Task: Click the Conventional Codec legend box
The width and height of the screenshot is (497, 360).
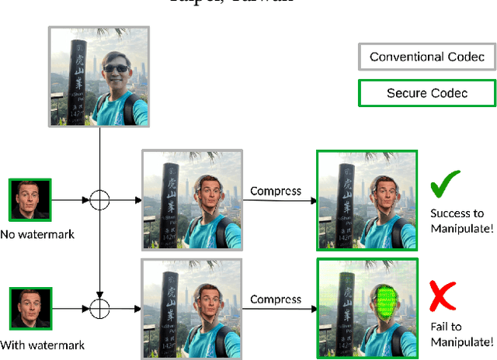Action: tap(426, 57)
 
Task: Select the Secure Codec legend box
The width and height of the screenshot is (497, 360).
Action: tap(426, 94)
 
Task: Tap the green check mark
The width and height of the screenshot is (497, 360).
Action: tap(445, 185)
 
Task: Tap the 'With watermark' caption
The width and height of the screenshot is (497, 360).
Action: tap(42, 345)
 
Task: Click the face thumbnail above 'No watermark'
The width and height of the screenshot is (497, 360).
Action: tap(30, 200)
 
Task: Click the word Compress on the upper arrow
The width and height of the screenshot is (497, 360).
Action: tap(276, 191)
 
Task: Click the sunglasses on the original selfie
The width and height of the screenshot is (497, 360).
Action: tap(116, 69)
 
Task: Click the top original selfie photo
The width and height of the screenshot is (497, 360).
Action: tap(100, 76)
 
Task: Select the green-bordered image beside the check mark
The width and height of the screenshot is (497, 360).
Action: tap(367, 199)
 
